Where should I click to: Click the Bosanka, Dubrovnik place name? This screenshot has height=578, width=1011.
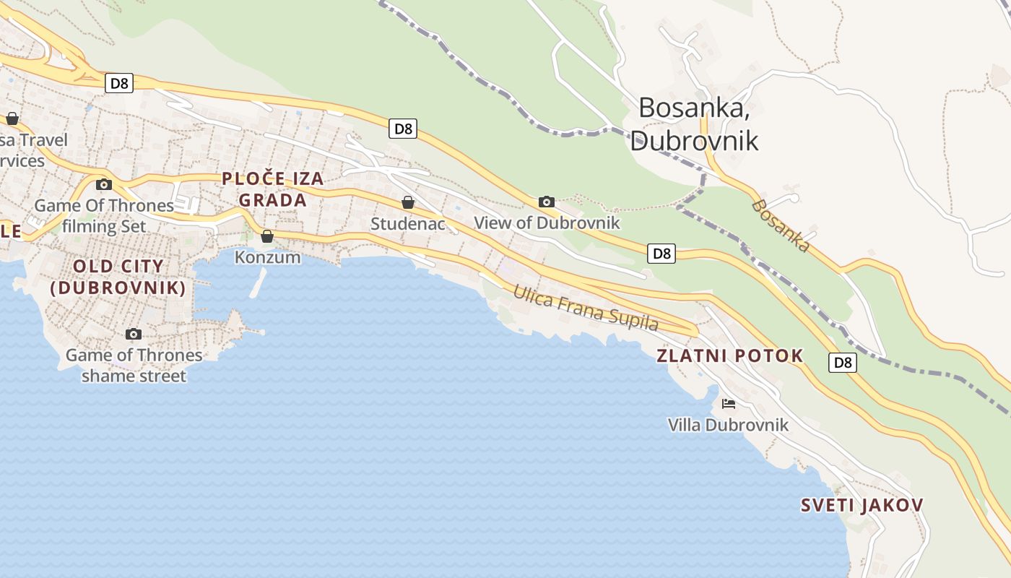(x=693, y=124)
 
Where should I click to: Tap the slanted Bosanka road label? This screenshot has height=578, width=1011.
(x=781, y=225)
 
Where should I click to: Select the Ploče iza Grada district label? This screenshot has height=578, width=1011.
(x=272, y=189)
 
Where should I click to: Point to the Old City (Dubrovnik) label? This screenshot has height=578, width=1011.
(x=118, y=277)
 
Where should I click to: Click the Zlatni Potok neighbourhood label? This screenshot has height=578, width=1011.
(x=729, y=355)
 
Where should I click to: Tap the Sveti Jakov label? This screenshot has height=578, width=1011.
(x=862, y=505)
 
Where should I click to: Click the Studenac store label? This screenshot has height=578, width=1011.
(x=408, y=224)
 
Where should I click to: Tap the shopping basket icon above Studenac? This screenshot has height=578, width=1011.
(x=408, y=202)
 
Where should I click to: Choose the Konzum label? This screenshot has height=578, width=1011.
(x=267, y=257)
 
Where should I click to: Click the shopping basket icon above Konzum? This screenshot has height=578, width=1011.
(x=267, y=236)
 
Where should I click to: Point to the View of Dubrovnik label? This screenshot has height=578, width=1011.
(x=547, y=223)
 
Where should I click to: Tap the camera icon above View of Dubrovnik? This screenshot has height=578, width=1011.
(x=547, y=202)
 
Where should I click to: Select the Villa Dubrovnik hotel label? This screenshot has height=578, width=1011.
(x=728, y=425)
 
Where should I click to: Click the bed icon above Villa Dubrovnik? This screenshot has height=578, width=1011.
(x=728, y=404)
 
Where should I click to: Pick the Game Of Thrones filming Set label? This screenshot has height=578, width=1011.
(x=104, y=215)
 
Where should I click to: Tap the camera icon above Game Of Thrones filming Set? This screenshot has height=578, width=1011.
(x=104, y=184)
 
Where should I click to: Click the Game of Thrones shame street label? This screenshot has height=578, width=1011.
(x=134, y=365)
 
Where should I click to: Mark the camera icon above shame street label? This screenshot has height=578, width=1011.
(x=134, y=334)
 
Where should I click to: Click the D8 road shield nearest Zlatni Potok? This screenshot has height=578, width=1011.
(x=842, y=363)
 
